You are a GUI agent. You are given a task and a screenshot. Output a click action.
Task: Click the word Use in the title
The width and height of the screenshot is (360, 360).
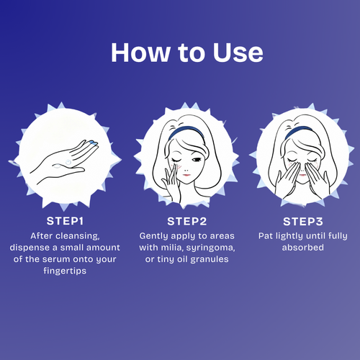pyautogui.click(x=238, y=53)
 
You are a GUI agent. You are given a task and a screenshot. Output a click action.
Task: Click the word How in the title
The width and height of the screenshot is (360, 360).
pyautogui.click(x=140, y=53)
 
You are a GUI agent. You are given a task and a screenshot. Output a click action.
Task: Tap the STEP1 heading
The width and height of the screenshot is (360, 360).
pyautogui.click(x=65, y=221)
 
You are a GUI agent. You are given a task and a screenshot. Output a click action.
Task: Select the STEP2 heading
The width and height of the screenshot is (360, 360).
pyautogui.click(x=187, y=221)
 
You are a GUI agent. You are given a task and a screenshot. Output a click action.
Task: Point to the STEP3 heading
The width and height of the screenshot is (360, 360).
pyautogui.click(x=303, y=222)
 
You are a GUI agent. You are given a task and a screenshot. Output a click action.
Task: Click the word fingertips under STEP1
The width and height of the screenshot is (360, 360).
pyautogui.click(x=65, y=271)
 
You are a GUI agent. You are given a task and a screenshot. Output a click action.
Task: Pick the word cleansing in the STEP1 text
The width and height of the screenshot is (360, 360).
pyautogui.click(x=78, y=236)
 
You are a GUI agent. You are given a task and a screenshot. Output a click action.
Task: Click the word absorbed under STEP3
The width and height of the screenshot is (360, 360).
pyautogui.click(x=303, y=248)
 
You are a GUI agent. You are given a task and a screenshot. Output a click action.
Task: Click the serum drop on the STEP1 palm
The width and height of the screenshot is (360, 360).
pyautogui.click(x=68, y=163)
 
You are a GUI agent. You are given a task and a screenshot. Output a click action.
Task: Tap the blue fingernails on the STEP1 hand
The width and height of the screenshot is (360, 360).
pyautogui.click(x=93, y=143)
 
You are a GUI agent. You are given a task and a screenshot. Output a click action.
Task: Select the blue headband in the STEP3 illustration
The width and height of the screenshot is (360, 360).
pyautogui.click(x=298, y=132)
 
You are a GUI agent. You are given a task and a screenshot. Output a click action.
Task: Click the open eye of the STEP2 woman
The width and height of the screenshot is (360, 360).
pyautogui.click(x=197, y=160)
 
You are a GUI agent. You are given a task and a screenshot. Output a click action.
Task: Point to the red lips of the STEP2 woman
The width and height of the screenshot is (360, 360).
pyautogui.click(x=186, y=174)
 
